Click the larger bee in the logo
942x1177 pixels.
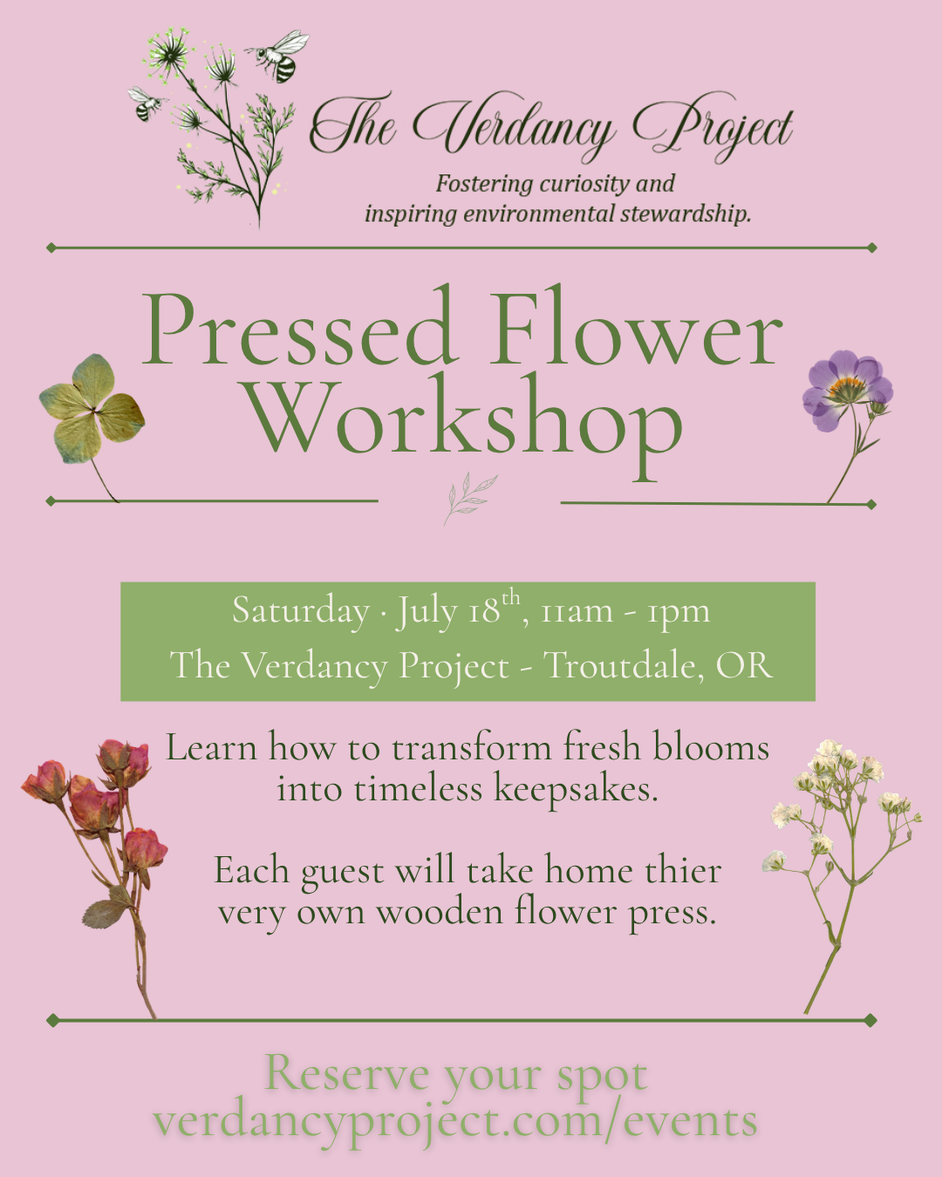tap(281, 56)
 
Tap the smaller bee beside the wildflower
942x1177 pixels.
tap(146, 104)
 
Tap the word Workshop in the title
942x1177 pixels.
tap(462, 421)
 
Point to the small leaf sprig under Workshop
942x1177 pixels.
tap(469, 498)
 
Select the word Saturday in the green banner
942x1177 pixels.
tap(300, 611)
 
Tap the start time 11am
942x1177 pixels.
tap(577, 612)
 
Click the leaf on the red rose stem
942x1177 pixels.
tap(106, 913)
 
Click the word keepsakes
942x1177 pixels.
tap(576, 790)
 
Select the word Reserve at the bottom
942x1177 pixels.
tap(347, 1073)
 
